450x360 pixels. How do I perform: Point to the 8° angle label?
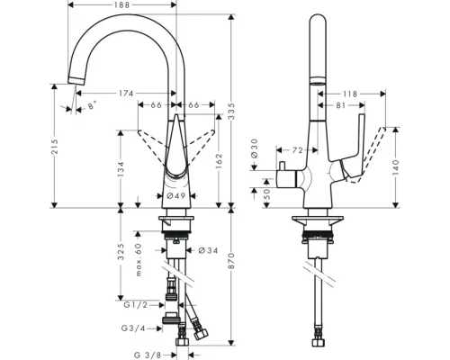92,107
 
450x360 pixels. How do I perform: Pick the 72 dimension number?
299,149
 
